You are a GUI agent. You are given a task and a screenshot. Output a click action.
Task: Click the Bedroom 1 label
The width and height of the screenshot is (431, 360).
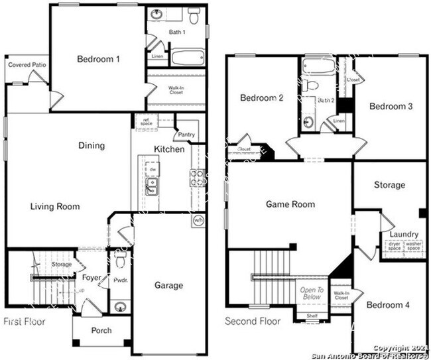[98, 59]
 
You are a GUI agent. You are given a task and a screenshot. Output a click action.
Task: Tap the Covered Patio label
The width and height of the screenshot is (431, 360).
[27, 65]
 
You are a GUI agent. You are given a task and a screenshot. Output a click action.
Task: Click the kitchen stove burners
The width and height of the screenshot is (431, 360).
[197, 178]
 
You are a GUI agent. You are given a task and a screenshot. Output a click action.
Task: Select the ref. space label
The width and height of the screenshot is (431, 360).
[145, 121]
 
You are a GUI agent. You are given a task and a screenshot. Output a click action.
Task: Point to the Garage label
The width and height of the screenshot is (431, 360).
[169, 286]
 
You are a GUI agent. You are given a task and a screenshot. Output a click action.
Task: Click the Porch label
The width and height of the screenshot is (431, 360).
[101, 330]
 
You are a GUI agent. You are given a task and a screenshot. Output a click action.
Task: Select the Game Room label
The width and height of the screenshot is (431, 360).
[290, 204]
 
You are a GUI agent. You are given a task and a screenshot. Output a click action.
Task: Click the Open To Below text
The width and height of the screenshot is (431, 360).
[312, 294]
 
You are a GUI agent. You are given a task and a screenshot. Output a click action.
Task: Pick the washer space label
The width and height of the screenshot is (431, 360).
[413, 246]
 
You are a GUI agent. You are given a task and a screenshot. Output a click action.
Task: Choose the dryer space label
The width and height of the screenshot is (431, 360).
[394, 246]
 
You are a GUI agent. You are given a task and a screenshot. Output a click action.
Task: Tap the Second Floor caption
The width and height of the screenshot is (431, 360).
[253, 322]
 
